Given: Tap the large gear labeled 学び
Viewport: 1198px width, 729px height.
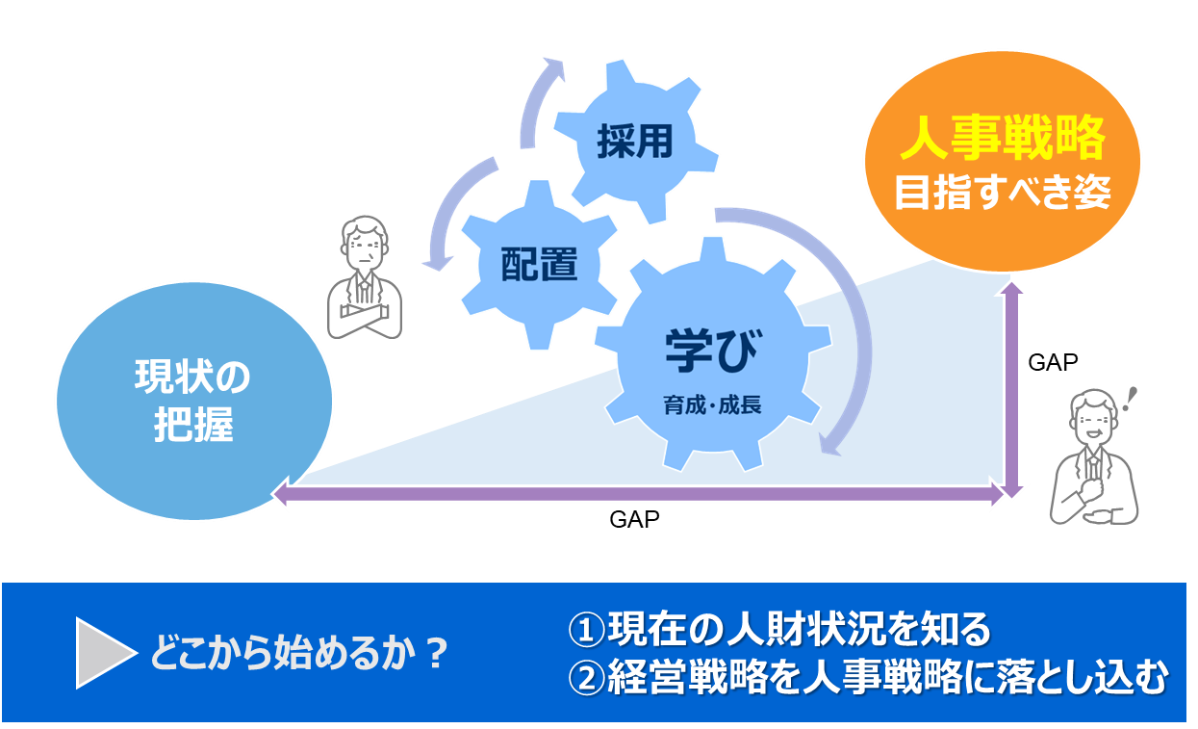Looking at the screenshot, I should pyautogui.click(x=711, y=356).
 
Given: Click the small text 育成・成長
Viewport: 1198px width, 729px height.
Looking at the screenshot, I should pyautogui.click(x=712, y=404).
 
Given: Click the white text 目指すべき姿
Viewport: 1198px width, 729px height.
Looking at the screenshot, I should pyautogui.click(x=1003, y=193).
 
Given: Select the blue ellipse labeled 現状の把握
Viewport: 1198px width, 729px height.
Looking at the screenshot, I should pyautogui.click(x=193, y=401).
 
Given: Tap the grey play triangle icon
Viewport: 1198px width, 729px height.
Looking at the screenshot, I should pyautogui.click(x=104, y=654).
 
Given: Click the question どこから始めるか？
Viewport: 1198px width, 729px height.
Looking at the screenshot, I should pyautogui.click(x=299, y=655).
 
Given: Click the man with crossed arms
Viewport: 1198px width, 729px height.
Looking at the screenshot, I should pyautogui.click(x=365, y=279).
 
